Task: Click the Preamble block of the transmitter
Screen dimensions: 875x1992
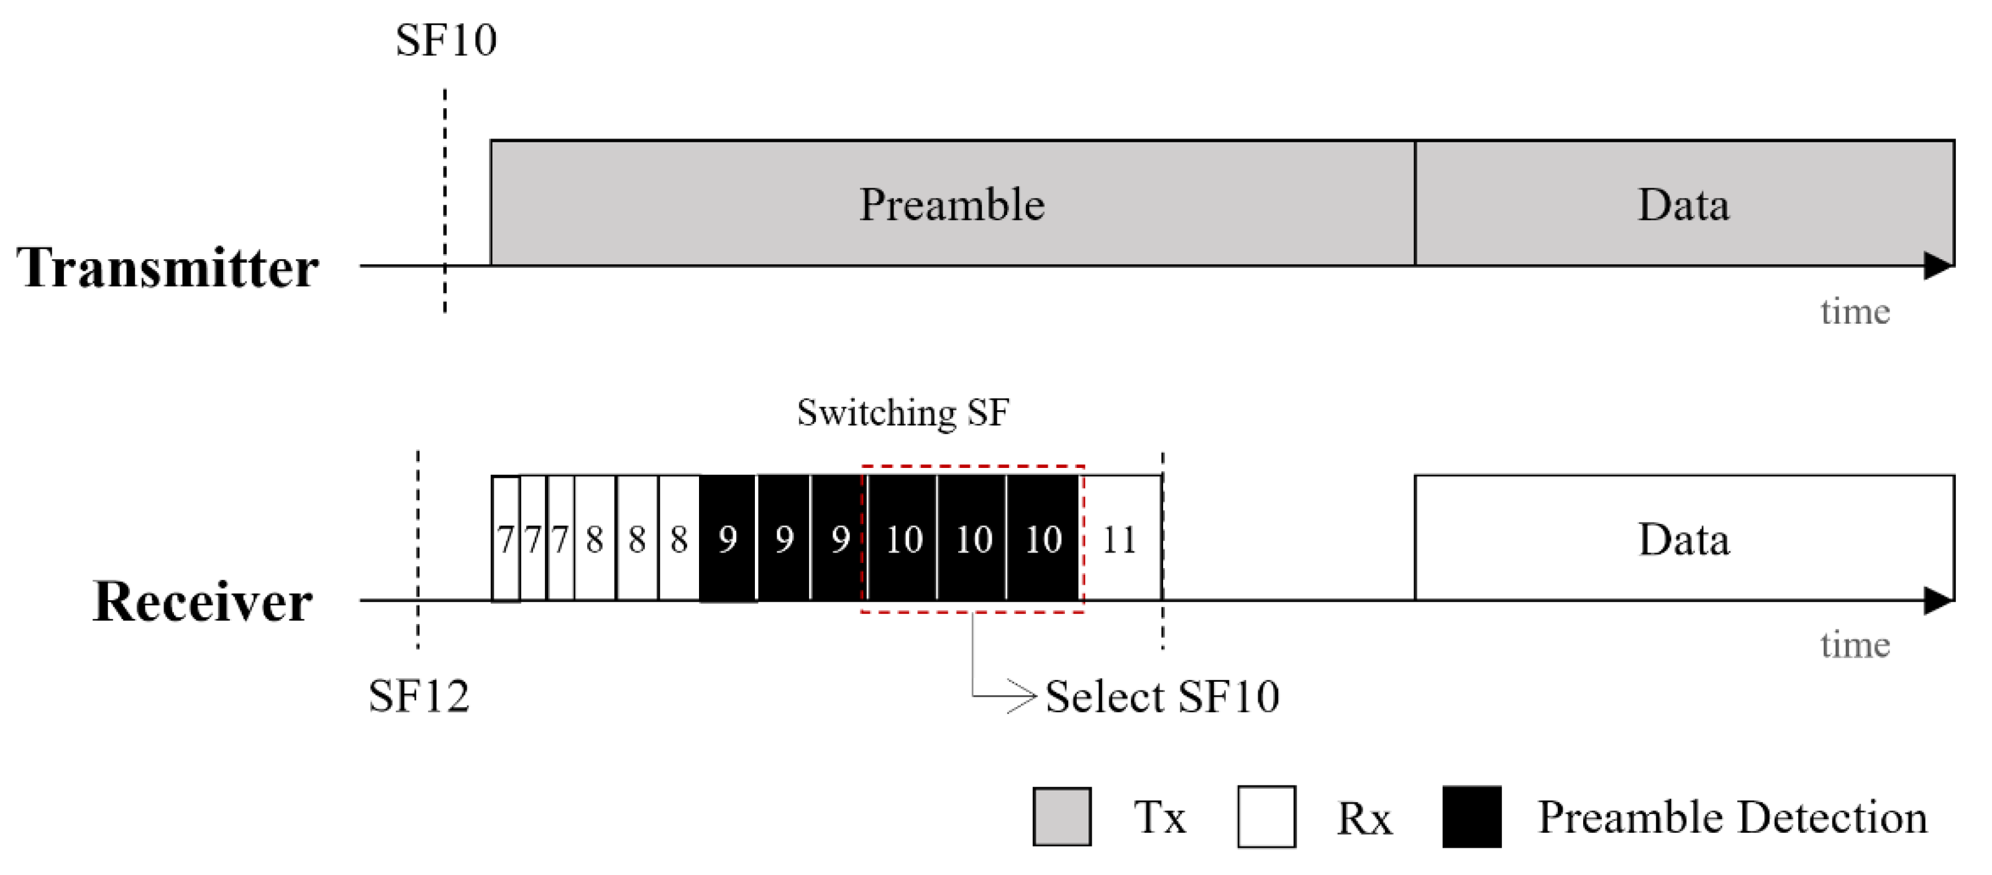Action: (x=952, y=203)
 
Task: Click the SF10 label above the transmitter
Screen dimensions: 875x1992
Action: (x=445, y=40)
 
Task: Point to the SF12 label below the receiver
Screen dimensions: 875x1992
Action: (x=418, y=695)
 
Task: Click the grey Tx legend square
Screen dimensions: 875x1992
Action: (x=1062, y=816)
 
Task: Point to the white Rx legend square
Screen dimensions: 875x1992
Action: (x=1266, y=816)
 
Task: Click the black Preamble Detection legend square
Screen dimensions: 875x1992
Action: (x=1471, y=816)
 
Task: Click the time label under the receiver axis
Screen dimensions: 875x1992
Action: (x=1854, y=644)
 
